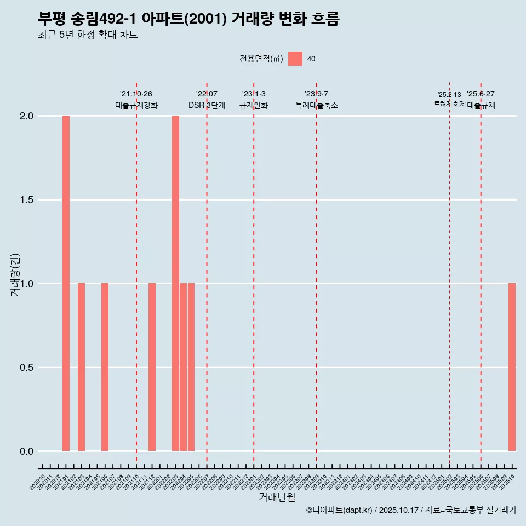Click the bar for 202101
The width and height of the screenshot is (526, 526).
(66, 283)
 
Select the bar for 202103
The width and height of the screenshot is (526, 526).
(81, 367)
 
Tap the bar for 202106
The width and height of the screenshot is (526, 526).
(105, 367)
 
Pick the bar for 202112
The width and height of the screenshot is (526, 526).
(152, 367)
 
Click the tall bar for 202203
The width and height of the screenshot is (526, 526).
(175, 283)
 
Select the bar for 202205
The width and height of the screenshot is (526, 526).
(191, 367)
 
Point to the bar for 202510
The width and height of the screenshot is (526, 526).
(512, 367)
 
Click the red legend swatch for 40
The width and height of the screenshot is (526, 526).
(295, 59)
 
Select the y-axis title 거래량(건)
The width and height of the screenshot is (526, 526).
(15, 274)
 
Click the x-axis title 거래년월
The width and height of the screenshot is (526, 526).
(277, 498)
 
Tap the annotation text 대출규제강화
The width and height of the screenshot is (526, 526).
(136, 105)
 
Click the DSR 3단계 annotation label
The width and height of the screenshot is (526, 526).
(207, 105)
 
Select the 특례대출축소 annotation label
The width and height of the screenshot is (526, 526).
(316, 105)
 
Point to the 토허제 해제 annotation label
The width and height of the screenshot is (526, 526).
(449, 104)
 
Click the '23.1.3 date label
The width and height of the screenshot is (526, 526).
(254, 94)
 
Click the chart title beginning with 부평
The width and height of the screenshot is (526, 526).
(188, 19)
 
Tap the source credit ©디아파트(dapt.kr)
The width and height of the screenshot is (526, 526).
(340, 510)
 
